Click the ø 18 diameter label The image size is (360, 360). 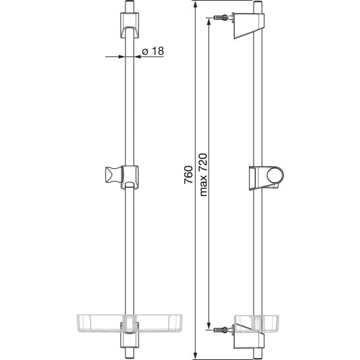(x=153, y=51)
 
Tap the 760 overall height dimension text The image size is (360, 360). (x=189, y=175)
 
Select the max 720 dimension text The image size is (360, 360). (x=204, y=175)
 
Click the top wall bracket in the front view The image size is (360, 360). (x=129, y=25)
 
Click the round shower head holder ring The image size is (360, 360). (x=275, y=175)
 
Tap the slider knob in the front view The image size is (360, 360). (x=113, y=175)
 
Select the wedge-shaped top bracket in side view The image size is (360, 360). (x=249, y=26)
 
